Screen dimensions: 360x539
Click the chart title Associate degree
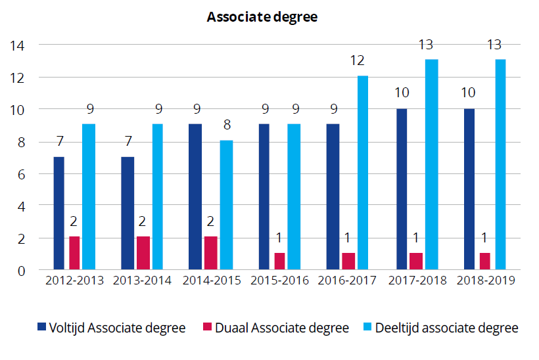point(262,18)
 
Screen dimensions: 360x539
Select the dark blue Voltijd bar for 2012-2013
point(59,213)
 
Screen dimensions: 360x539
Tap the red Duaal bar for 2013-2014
point(142,253)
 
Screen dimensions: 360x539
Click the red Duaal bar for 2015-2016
point(279,261)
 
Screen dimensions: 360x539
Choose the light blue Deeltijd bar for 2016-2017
point(363,173)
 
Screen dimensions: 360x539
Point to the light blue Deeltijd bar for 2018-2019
point(500,164)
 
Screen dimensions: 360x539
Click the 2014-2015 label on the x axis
point(210,281)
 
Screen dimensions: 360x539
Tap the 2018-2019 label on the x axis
point(485,281)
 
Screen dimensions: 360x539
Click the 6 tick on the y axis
point(22,173)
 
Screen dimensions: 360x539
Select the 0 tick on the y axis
point(22,270)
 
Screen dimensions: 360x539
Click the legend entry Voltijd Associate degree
point(112,328)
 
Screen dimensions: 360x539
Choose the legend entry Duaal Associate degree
point(275,328)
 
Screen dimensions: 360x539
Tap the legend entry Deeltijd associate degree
point(440,328)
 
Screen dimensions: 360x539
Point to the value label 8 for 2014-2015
point(226,125)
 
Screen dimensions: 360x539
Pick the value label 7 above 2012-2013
point(59,141)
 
